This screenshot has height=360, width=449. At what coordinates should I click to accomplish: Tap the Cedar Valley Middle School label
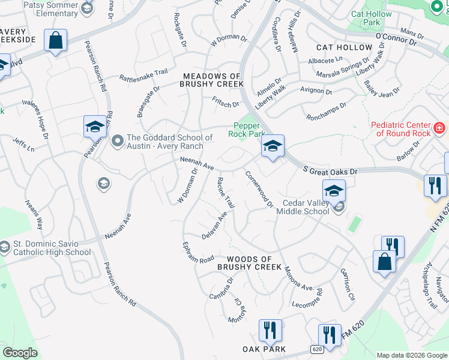click(x=303, y=206)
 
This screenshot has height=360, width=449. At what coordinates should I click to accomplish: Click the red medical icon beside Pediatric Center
click(x=439, y=128)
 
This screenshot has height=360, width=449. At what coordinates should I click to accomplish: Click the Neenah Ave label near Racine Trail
click(x=197, y=164)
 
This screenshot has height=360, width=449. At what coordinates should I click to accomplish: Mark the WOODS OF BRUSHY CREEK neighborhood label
click(x=249, y=262)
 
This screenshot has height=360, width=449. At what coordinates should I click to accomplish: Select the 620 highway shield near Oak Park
click(x=317, y=349)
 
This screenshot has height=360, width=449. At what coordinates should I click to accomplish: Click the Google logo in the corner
click(x=20, y=353)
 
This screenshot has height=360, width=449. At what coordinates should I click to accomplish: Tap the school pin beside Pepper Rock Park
click(x=273, y=146)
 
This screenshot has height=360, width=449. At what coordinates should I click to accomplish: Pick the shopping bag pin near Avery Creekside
click(x=55, y=41)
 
